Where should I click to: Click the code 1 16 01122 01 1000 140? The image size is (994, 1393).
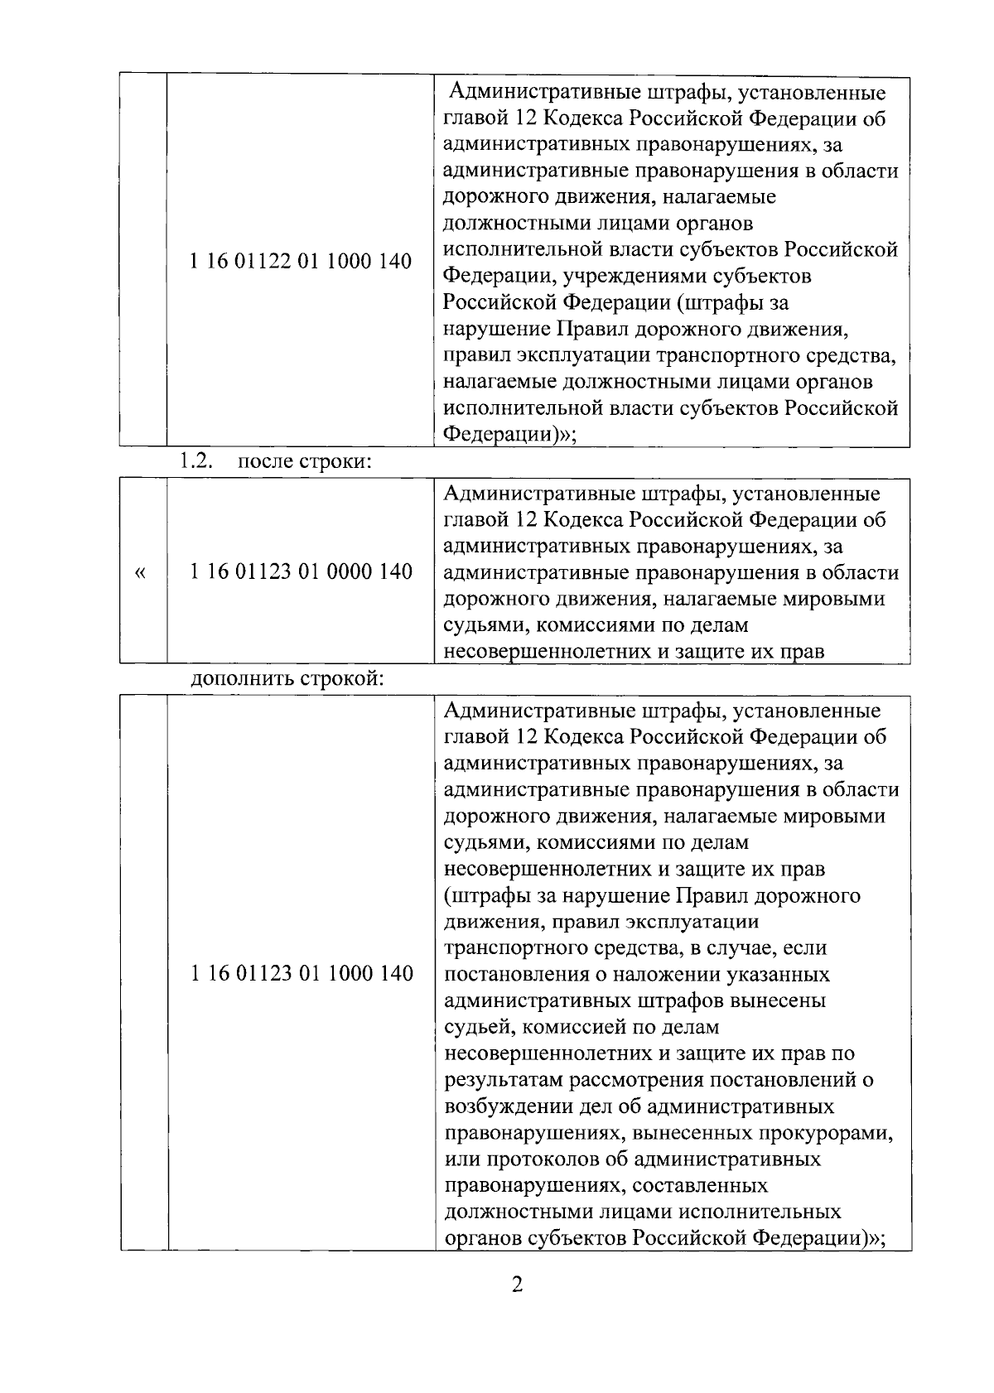pos(301,262)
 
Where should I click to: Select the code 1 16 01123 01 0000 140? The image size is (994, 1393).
pos(301,571)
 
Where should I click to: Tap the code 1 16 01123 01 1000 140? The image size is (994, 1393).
pos(301,973)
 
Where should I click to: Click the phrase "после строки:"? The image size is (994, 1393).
pos(304,462)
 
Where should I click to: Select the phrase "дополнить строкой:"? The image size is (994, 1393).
pos(287,680)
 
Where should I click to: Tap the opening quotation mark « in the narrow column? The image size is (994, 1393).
pos(140,572)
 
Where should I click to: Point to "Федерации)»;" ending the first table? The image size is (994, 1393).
pos(509,435)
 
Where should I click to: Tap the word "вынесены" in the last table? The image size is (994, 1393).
pos(778,1000)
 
